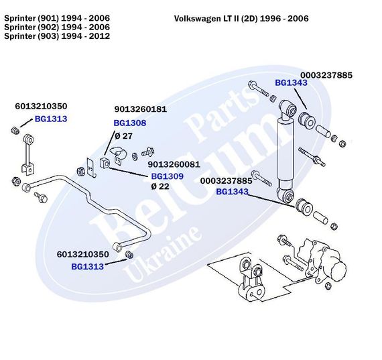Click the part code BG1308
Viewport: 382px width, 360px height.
coord(129,123)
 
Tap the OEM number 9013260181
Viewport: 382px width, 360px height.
coord(140,109)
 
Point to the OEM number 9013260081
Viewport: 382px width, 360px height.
coord(174,164)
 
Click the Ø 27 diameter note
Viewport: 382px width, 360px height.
coord(123,136)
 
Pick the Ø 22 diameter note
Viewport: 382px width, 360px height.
coord(160,186)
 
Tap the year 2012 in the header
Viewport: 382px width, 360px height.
coord(97,36)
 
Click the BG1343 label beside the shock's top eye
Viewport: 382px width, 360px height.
coord(291,83)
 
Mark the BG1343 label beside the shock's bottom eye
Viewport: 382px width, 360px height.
coord(232,192)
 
